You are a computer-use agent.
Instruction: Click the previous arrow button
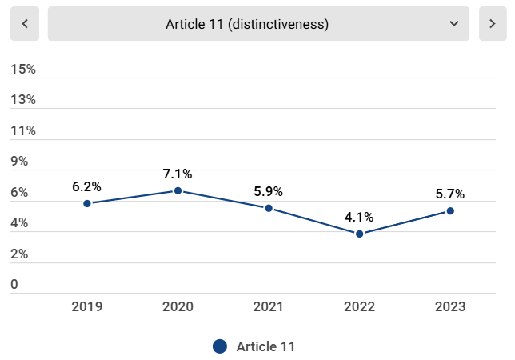[25, 24]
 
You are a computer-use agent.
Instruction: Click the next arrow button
[493, 24]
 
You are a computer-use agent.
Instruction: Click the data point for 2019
[87, 203]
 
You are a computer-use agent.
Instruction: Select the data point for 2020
[178, 190]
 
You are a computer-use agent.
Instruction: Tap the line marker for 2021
[269, 208]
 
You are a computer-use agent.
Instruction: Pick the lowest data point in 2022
[360, 234]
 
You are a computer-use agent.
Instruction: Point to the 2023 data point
[450, 210]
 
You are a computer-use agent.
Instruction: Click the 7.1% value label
[178, 174]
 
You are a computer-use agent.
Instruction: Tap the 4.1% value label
[359, 216]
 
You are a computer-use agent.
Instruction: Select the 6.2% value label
[86, 186]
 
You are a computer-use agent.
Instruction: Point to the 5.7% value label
[449, 194]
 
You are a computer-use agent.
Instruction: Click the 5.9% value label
[268, 191]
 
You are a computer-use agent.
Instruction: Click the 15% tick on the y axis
[23, 70]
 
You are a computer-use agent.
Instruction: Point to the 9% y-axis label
[19, 162]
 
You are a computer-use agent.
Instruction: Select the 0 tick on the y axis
[14, 285]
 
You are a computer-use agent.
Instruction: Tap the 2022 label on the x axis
[359, 306]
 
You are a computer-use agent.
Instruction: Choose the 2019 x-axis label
[86, 306]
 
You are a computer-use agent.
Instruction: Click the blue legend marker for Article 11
[220, 346]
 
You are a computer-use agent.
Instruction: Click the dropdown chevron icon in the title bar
[454, 24]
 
